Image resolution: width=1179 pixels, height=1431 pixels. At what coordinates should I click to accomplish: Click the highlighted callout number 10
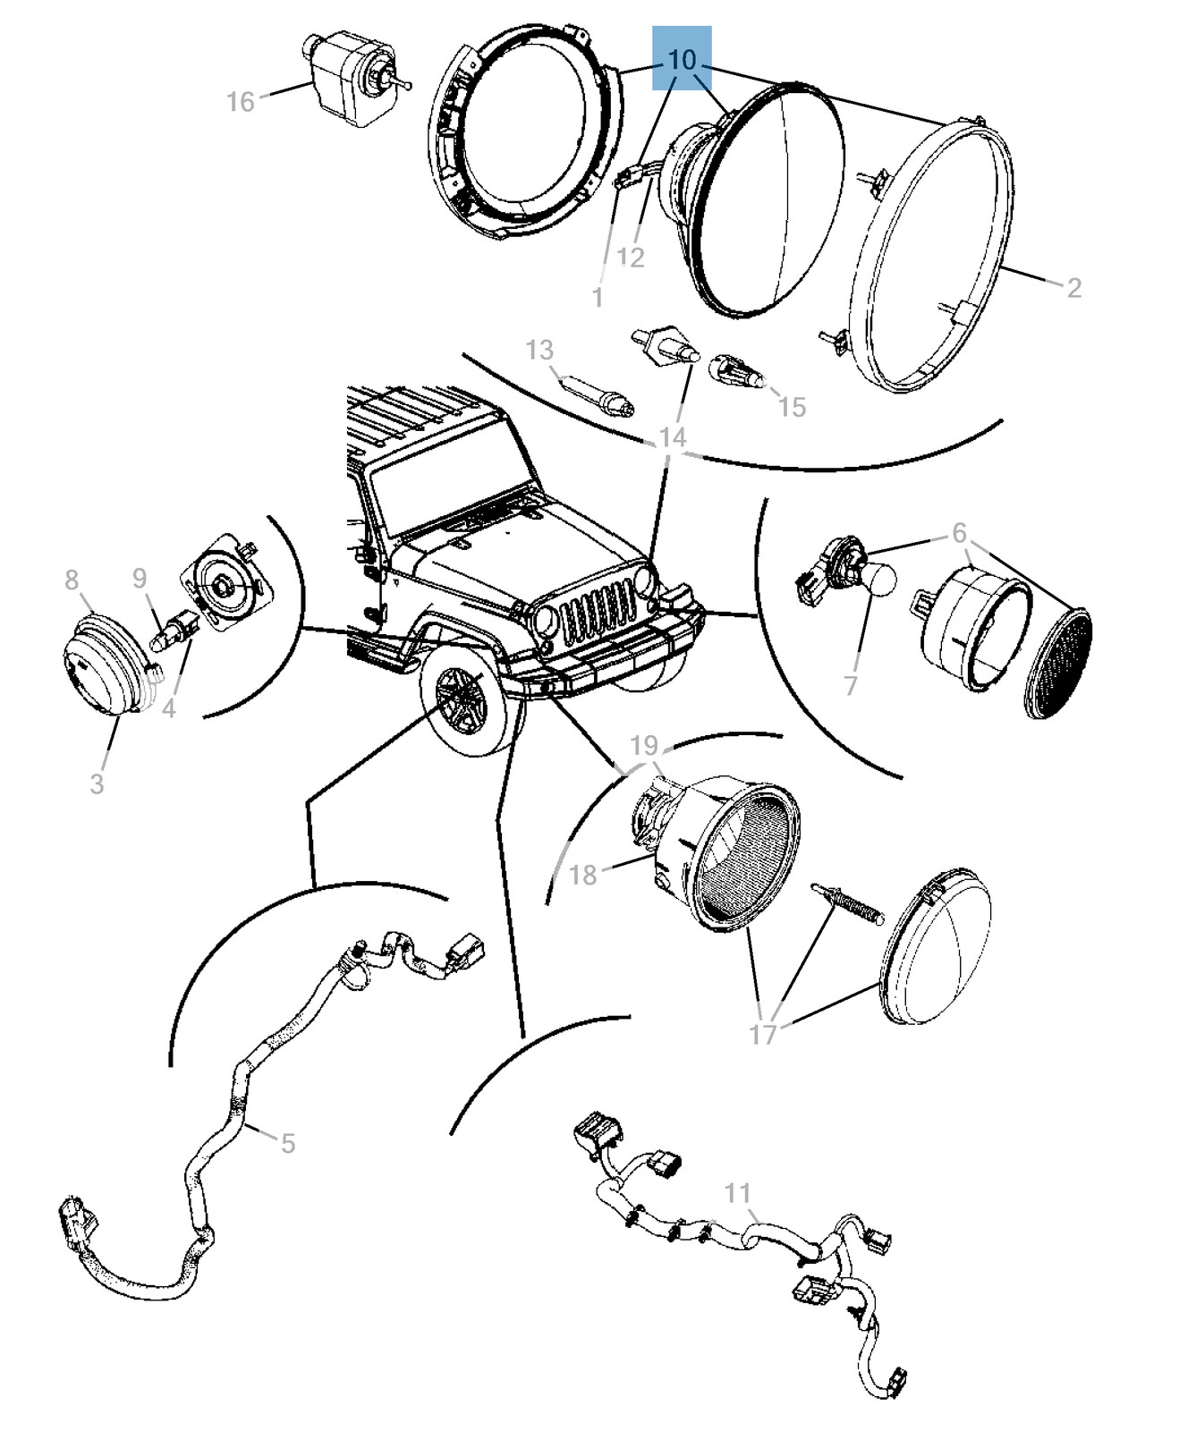[682, 59]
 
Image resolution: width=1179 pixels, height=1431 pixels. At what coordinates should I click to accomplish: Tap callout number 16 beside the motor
[241, 102]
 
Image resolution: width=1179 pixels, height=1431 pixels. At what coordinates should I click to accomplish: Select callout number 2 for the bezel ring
[1073, 287]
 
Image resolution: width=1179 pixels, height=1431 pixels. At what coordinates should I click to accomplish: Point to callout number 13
[539, 350]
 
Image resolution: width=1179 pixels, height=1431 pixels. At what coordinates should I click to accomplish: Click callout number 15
[792, 407]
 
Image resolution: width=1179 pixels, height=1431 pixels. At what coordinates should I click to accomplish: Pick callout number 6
[959, 533]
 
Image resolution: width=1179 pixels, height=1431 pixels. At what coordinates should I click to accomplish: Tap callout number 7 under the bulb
[851, 685]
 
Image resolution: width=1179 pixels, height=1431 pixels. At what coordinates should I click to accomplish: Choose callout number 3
[97, 783]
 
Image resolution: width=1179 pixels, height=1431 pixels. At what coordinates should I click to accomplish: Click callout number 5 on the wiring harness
[287, 1143]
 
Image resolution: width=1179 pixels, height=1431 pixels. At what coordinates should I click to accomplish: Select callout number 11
[737, 1193]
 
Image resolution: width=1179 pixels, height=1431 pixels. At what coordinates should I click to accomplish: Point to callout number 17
[763, 1035]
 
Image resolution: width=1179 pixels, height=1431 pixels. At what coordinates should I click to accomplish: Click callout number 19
[644, 745]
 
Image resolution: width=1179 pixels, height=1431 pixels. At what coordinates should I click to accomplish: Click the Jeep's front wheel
[470, 702]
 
